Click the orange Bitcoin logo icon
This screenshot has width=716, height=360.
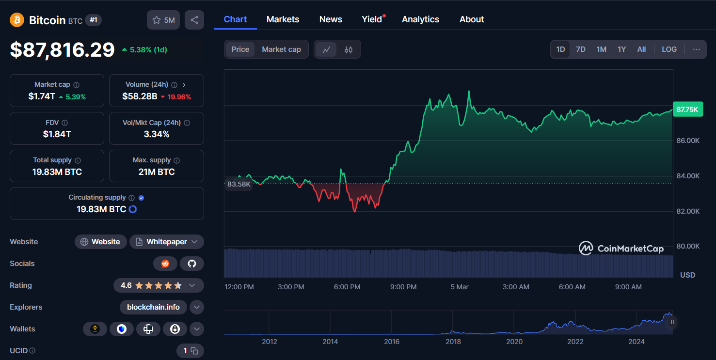(17, 20)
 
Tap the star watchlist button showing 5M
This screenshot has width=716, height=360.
(163, 20)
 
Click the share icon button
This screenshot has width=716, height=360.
(194, 20)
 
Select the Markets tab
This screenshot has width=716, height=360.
(283, 19)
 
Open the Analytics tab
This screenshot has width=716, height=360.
(420, 19)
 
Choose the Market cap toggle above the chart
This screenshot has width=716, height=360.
(281, 49)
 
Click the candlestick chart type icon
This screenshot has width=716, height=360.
(349, 49)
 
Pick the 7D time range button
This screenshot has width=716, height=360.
(580, 49)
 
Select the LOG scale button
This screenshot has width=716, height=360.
(669, 49)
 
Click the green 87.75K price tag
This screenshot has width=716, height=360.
(687, 110)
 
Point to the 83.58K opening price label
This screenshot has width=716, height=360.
(239, 184)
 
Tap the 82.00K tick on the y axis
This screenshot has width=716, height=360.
(688, 211)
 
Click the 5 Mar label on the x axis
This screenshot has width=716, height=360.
(460, 287)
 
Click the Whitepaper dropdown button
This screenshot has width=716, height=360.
(166, 242)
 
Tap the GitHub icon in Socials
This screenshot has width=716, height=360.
(192, 264)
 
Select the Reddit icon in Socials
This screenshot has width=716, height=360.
(165, 264)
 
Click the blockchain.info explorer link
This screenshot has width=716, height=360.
(153, 307)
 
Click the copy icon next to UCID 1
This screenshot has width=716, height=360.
(194, 351)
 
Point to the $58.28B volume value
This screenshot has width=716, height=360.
(140, 96)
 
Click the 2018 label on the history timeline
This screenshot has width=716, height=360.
(453, 342)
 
